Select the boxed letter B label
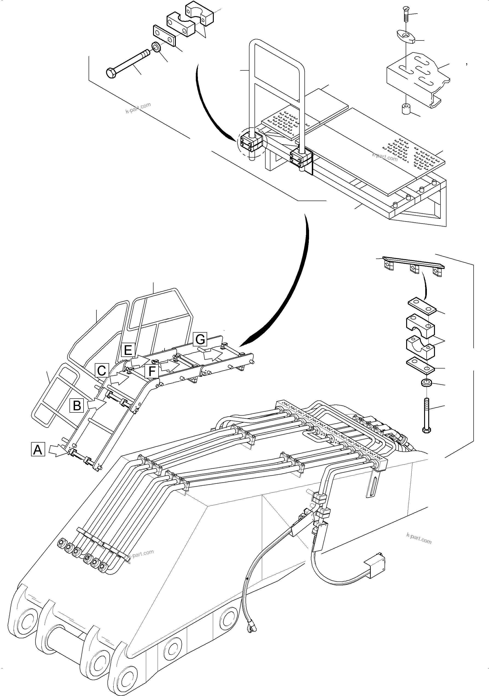(x=77, y=405)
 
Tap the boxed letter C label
(x=102, y=371)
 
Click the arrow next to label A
(x=58, y=451)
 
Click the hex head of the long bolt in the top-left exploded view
(x=111, y=73)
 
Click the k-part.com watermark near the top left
(x=138, y=108)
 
